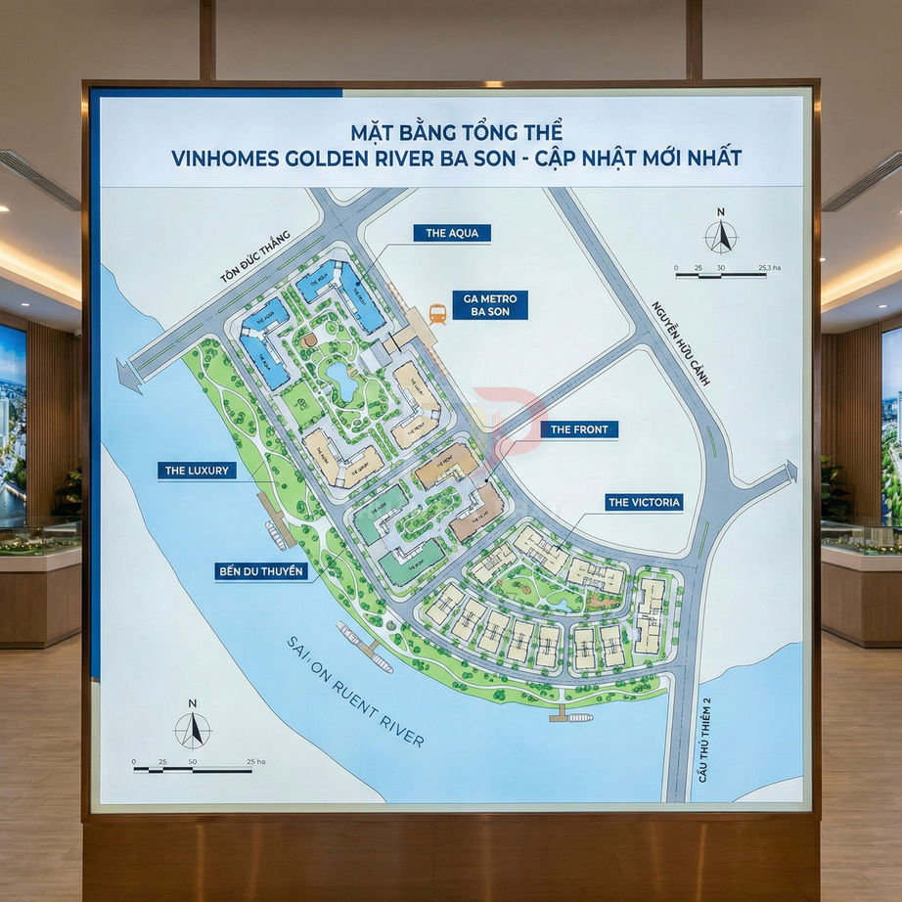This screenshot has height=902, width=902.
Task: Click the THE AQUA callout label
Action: (x=451, y=233)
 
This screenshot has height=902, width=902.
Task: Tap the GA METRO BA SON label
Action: (x=489, y=305)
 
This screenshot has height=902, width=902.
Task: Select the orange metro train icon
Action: (x=437, y=314)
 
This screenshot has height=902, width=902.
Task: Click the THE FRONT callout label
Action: (x=579, y=429)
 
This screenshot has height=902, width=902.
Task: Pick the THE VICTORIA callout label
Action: (x=644, y=503)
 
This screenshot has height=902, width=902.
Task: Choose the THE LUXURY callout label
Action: (x=197, y=471)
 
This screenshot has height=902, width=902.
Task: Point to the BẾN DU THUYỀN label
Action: (x=261, y=570)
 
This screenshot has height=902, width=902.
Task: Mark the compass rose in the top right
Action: (x=721, y=234)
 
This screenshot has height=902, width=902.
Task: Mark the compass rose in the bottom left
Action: (x=193, y=728)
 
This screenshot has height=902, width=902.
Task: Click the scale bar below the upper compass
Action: (x=720, y=275)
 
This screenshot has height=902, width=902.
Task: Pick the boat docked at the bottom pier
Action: (x=575, y=717)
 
